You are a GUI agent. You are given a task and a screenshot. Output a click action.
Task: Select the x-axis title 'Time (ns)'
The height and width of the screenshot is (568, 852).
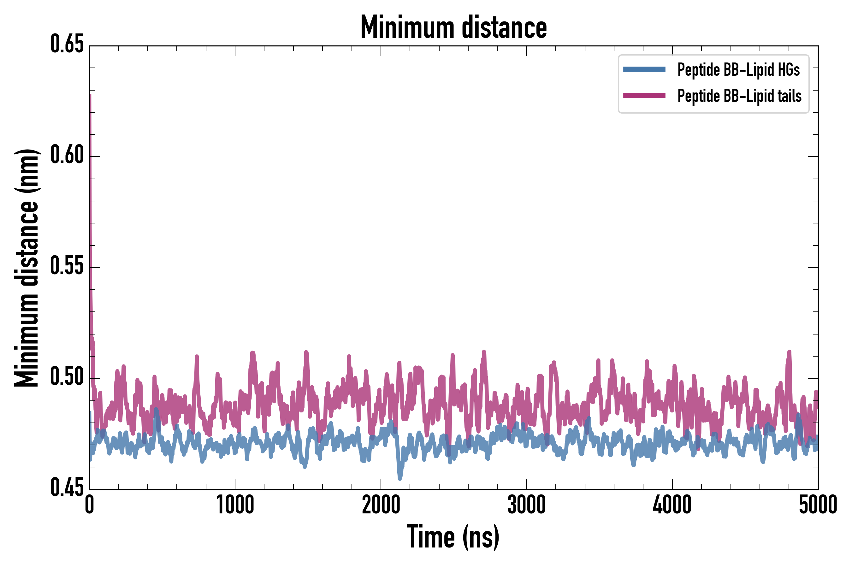(x=453, y=536)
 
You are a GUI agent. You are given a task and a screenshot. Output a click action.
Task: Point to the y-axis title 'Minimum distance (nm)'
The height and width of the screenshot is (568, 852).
(x=26, y=268)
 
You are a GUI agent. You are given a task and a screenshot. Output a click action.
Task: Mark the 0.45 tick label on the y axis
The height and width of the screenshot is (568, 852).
(x=67, y=488)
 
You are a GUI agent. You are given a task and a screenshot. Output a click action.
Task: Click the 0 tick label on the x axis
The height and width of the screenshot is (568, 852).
(x=90, y=505)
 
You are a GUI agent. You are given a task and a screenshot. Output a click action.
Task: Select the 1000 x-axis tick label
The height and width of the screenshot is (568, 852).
(x=235, y=505)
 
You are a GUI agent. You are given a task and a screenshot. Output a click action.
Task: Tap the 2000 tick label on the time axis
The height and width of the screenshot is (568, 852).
(x=381, y=505)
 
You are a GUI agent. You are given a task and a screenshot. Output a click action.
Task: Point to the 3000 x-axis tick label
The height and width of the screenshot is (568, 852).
(x=526, y=505)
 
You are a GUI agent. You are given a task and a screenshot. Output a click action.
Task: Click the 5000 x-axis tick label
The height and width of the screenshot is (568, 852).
(x=818, y=505)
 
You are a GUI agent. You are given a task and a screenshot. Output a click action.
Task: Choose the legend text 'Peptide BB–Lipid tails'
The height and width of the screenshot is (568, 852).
(x=739, y=96)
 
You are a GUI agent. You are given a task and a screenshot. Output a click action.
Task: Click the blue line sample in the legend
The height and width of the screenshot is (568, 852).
(x=644, y=69)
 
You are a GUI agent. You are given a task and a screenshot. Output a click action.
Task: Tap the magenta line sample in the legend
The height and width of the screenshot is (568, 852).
(x=644, y=96)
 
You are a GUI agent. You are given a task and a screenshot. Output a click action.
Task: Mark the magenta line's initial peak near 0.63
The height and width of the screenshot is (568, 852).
(x=90, y=95)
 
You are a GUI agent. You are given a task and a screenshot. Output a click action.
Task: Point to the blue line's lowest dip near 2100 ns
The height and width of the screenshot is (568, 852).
(x=400, y=478)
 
